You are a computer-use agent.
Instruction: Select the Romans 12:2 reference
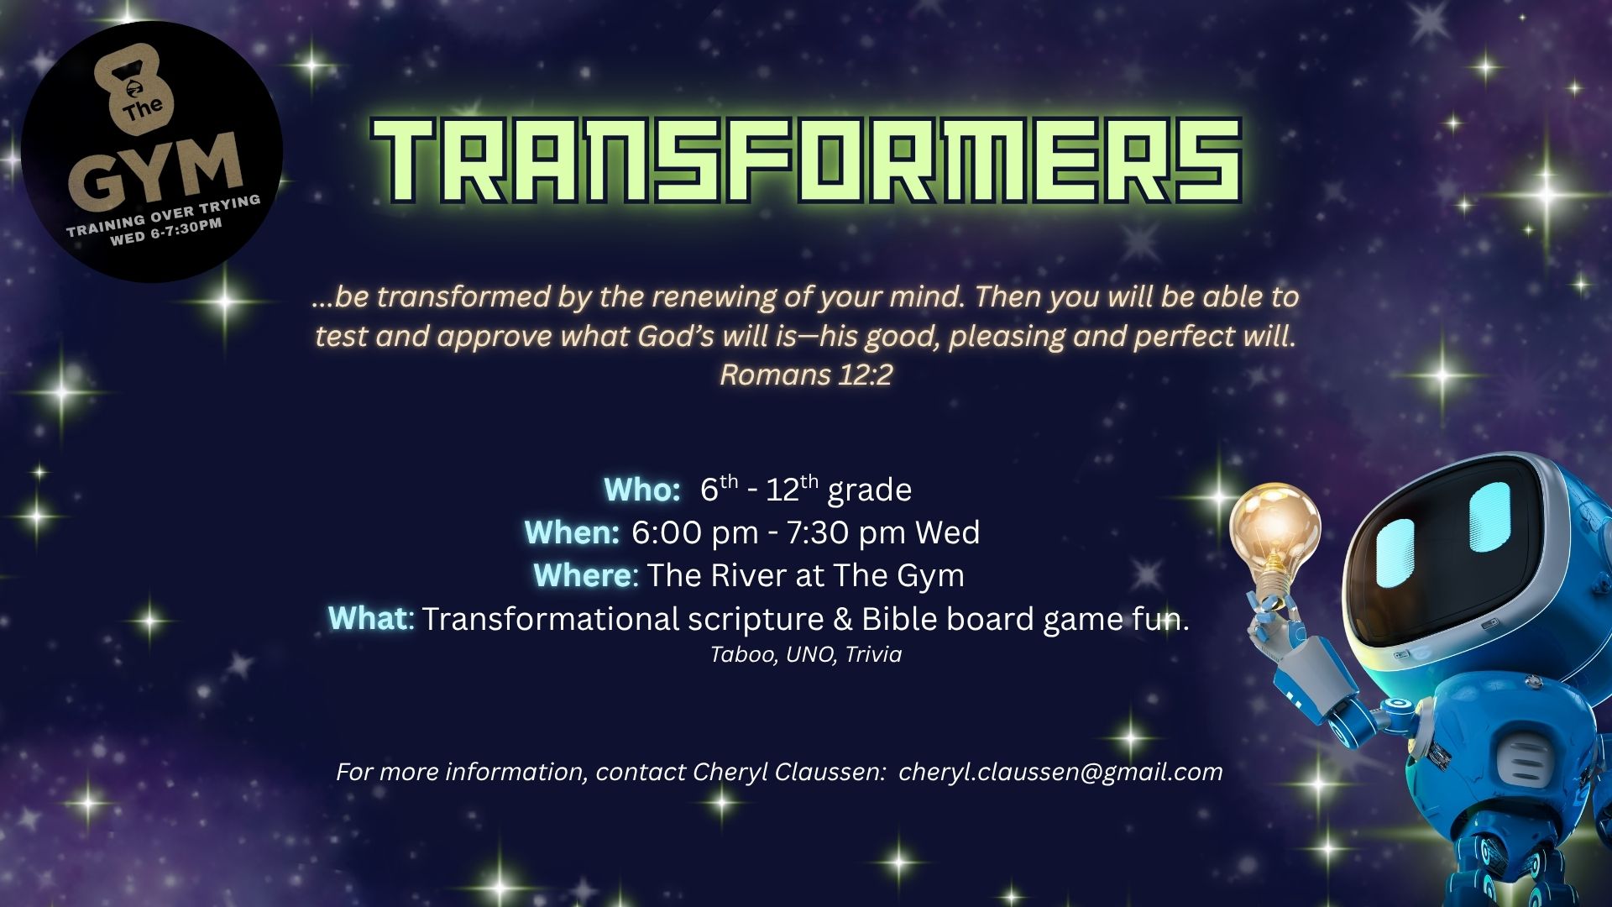[x=806, y=375]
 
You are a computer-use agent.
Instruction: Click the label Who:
[x=642, y=490]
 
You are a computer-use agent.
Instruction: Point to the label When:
[x=572, y=532]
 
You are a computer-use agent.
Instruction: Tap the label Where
[x=582, y=575]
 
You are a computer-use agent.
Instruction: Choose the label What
[x=368, y=618]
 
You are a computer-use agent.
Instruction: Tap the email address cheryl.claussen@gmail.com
[x=1060, y=772]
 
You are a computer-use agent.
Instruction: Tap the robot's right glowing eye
[x=1489, y=517]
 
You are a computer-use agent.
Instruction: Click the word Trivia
[x=873, y=654]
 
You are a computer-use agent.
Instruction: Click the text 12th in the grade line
[x=792, y=488]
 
